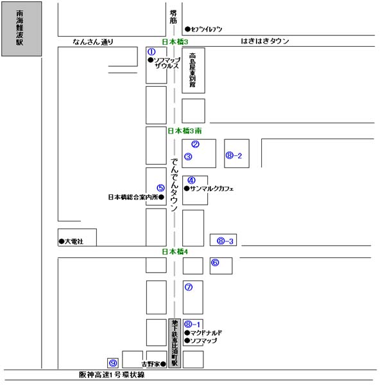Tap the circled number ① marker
[152, 51]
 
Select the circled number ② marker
[196, 144]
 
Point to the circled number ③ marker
[188, 156]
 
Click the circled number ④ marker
[191, 180]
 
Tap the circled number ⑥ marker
[215, 262]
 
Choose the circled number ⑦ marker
[188, 287]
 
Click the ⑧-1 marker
[193, 324]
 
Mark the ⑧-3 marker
[225, 241]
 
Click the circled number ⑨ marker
[112, 363]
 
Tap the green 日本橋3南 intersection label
[184, 131]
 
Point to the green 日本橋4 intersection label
[174, 251]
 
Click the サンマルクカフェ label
[212, 189]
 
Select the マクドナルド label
[206, 333]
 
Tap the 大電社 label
[74, 242]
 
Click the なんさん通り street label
[94, 42]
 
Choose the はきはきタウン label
[265, 41]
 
